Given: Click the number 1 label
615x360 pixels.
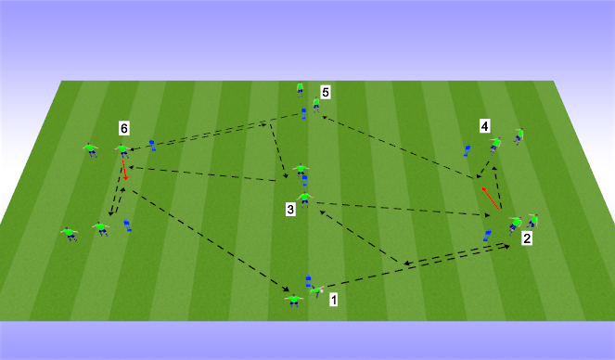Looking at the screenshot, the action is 334,300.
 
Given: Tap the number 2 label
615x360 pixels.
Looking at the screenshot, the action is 527,239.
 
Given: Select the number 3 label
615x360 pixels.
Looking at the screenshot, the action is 290,211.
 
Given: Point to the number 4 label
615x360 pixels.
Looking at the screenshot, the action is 484,124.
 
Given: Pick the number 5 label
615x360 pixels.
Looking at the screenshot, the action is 326,92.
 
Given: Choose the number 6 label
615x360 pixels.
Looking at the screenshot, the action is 123,126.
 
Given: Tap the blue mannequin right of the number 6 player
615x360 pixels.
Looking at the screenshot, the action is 152,146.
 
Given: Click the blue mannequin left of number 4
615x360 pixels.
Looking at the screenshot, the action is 468,150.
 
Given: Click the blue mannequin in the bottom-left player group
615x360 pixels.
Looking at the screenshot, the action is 127,225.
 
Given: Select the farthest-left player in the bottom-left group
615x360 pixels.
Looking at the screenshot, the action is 69,234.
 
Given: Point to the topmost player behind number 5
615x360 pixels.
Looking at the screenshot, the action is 301,89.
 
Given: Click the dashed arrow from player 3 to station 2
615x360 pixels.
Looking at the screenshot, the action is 399,209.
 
